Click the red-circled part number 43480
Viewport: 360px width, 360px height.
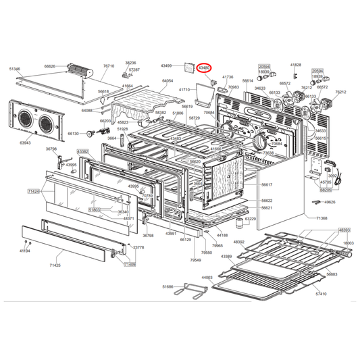tap(204, 67)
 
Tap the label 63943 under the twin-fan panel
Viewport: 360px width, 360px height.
tap(26, 143)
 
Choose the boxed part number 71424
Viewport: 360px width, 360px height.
tap(34, 192)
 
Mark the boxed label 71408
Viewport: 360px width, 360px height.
tap(129, 265)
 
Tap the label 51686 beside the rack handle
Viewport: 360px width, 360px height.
tap(168, 287)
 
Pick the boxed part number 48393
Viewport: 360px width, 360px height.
tap(344, 230)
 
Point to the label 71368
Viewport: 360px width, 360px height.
tap(321, 218)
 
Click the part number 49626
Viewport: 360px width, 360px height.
tap(329, 201)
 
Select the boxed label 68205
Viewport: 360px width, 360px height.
tap(326, 190)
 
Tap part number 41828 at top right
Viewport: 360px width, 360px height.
tap(296, 65)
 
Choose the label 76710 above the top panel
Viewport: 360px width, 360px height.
tap(109, 66)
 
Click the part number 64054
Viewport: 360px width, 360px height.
tap(167, 80)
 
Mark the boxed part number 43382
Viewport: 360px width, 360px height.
tap(82, 152)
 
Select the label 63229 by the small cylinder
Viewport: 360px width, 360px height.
tap(250, 219)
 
